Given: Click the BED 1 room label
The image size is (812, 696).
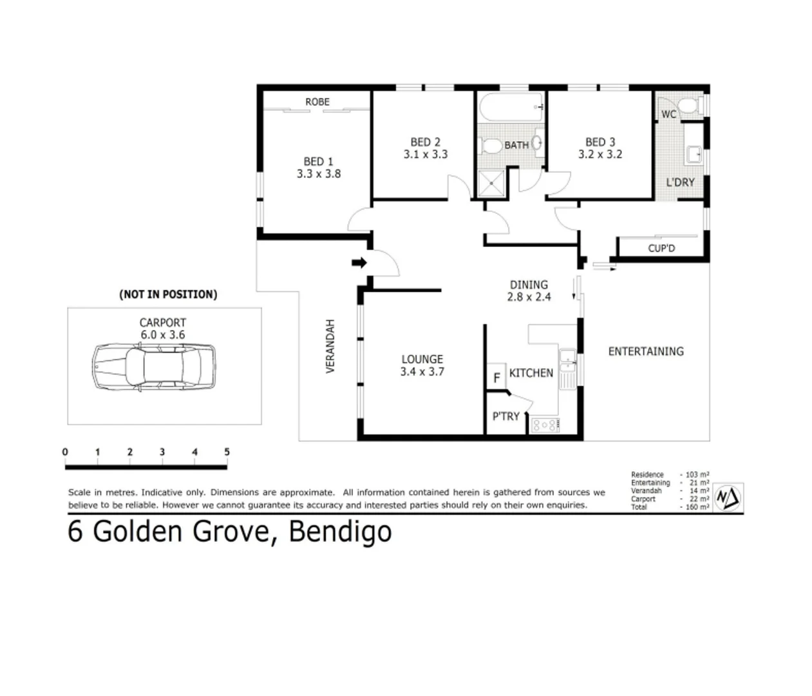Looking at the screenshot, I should coord(318,161).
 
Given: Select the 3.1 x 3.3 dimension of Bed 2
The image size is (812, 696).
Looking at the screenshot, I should coord(425,155).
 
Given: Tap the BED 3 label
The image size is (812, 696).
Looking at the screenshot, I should coord(600,142).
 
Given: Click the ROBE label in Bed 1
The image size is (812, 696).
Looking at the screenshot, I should coord(317,102).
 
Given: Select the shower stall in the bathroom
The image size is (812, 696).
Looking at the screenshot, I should coord(493,184).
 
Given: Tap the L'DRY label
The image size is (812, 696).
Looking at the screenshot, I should coord(680,182).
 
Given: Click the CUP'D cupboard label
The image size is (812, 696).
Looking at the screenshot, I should coord(661,248).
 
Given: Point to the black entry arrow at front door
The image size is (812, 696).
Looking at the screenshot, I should coord(359,262).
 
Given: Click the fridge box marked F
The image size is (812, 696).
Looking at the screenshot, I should coord(496,378).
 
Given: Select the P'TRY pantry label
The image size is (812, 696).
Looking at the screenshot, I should coord(505,416).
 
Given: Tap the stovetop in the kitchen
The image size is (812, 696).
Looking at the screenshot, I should coord(545,425).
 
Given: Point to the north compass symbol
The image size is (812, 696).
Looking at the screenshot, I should coord(728,498).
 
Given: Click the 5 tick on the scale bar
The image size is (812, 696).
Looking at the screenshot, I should coord(227,452).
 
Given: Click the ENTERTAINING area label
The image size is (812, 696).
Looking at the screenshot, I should coord(646,351).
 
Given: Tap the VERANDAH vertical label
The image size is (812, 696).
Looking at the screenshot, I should coord(330,346).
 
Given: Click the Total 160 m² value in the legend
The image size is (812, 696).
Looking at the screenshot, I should coord(697,507).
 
